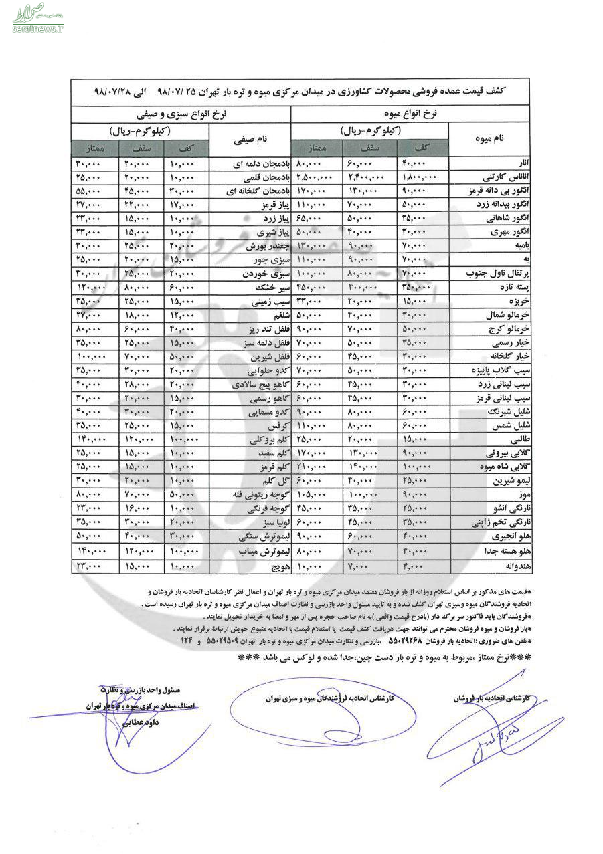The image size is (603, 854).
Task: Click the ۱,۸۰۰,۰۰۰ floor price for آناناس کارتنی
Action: click(x=417, y=177)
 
